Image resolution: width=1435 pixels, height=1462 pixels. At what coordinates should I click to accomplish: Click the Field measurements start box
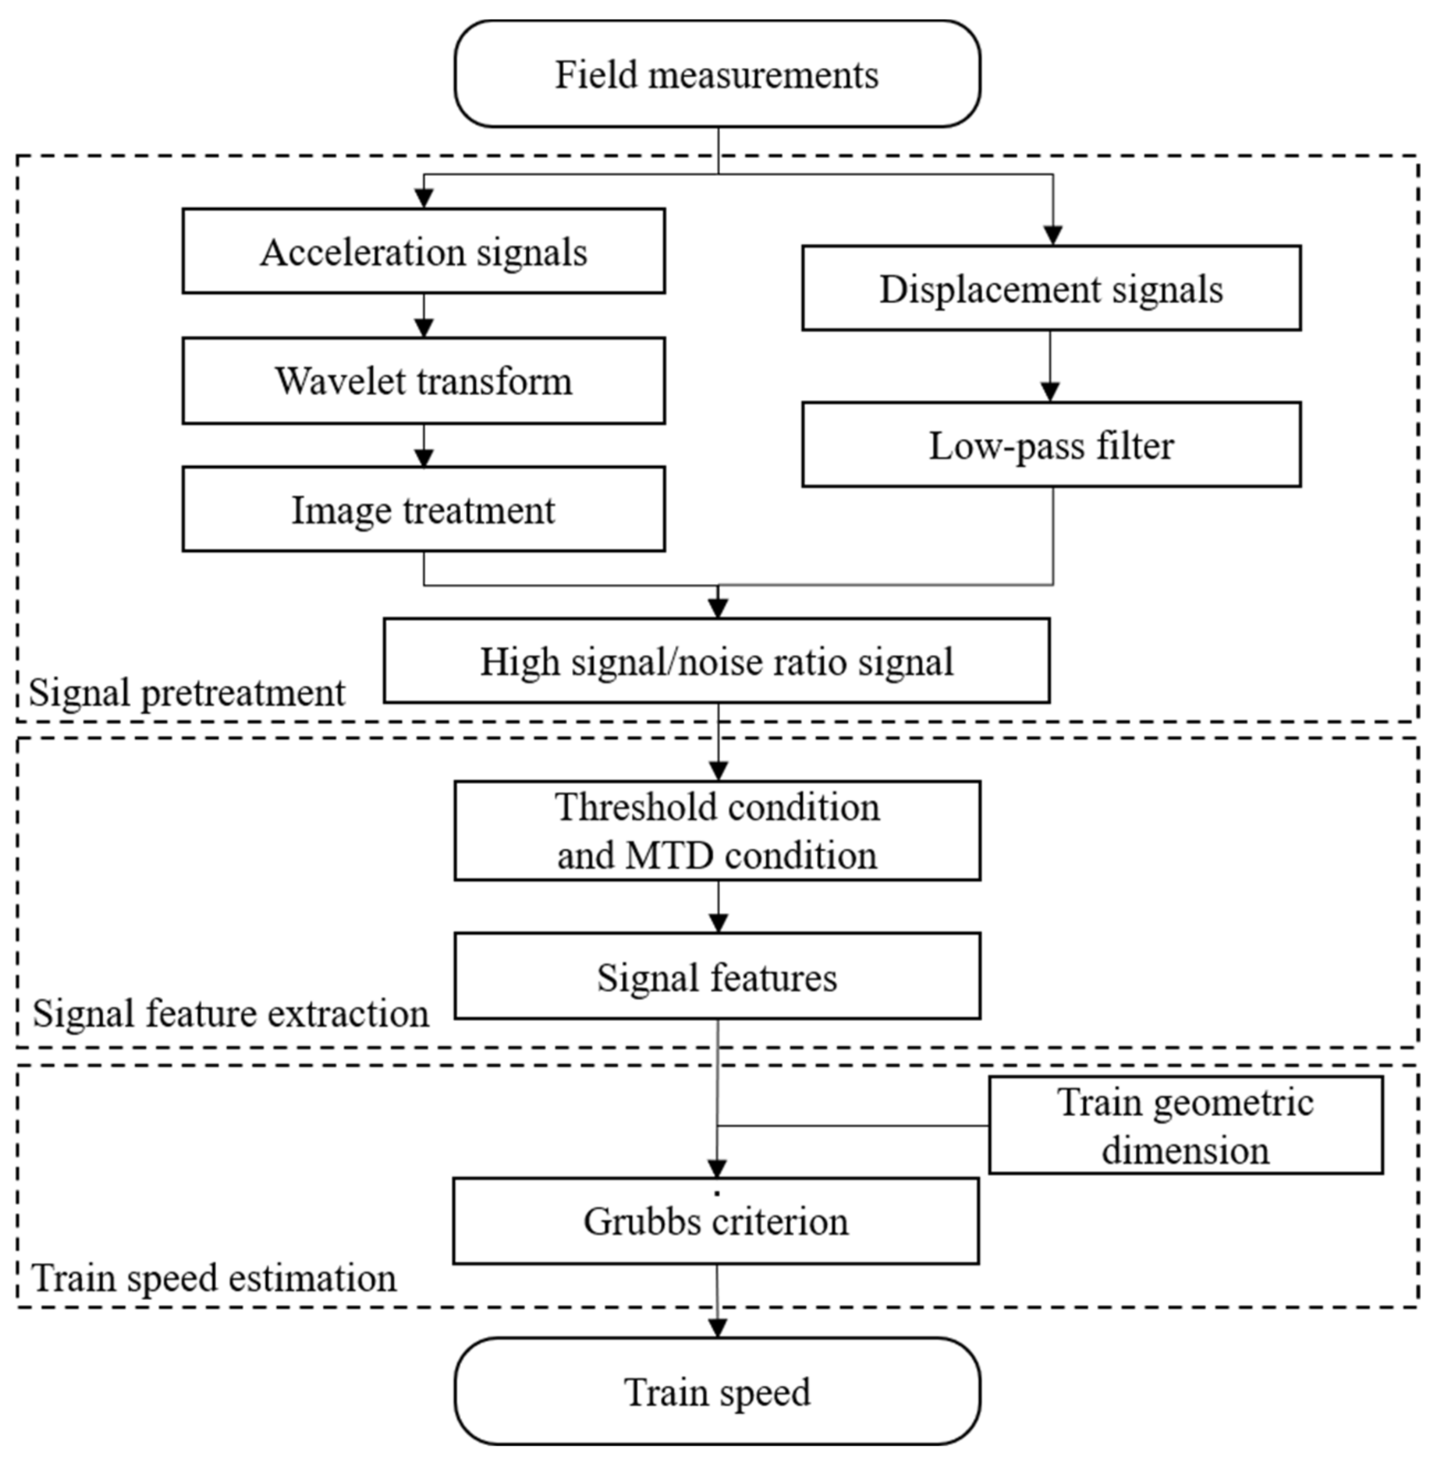(x=717, y=74)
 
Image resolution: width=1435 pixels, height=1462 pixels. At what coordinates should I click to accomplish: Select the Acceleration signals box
(x=424, y=251)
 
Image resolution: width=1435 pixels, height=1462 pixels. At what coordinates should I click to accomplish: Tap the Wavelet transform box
(x=424, y=381)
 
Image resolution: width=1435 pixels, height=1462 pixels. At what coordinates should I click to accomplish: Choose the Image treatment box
(x=424, y=509)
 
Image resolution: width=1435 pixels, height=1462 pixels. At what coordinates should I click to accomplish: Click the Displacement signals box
(x=1051, y=288)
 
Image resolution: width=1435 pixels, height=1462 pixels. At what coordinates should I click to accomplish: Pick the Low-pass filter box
(x=1051, y=445)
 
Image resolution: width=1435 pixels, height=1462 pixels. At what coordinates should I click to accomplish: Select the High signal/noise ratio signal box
(x=717, y=661)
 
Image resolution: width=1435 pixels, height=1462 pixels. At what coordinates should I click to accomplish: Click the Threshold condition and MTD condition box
(x=717, y=831)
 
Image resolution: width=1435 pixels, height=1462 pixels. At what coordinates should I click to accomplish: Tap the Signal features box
(x=717, y=977)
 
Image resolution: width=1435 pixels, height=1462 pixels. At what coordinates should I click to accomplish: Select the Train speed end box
(x=717, y=1392)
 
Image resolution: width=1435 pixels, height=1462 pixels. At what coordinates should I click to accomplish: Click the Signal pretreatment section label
(x=187, y=692)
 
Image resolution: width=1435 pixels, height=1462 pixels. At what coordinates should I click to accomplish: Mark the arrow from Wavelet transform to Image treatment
(x=424, y=446)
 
